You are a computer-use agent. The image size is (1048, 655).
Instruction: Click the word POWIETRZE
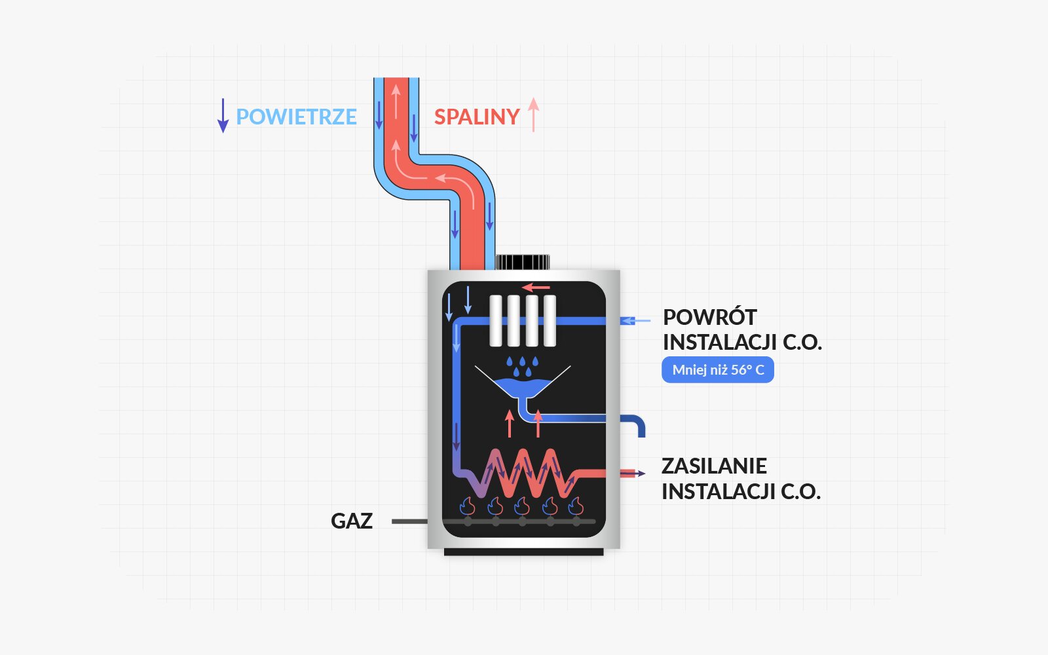(x=296, y=117)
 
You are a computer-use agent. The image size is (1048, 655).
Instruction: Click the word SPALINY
(x=476, y=117)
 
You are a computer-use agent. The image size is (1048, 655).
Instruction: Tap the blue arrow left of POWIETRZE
(x=223, y=116)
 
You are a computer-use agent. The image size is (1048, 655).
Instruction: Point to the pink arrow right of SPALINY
(x=534, y=115)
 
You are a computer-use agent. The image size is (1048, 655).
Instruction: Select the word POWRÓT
(x=710, y=318)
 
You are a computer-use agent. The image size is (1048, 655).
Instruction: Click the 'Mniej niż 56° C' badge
(x=718, y=370)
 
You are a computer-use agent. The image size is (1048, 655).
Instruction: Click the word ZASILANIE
(x=714, y=466)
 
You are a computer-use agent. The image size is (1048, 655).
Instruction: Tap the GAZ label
(x=352, y=521)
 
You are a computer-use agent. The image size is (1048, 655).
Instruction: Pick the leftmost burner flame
(x=468, y=506)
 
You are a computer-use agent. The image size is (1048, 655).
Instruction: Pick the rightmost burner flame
(x=576, y=506)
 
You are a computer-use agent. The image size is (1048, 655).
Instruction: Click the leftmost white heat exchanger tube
(x=496, y=320)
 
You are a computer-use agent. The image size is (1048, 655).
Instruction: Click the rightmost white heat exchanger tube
(x=550, y=320)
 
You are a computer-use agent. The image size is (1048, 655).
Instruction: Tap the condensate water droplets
(x=522, y=367)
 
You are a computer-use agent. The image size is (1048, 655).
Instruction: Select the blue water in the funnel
(x=522, y=387)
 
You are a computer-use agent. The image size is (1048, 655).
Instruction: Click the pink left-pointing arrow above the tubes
(x=536, y=288)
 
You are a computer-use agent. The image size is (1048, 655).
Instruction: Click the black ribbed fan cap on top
(x=522, y=262)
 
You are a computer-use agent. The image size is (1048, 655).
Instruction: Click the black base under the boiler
(x=523, y=552)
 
